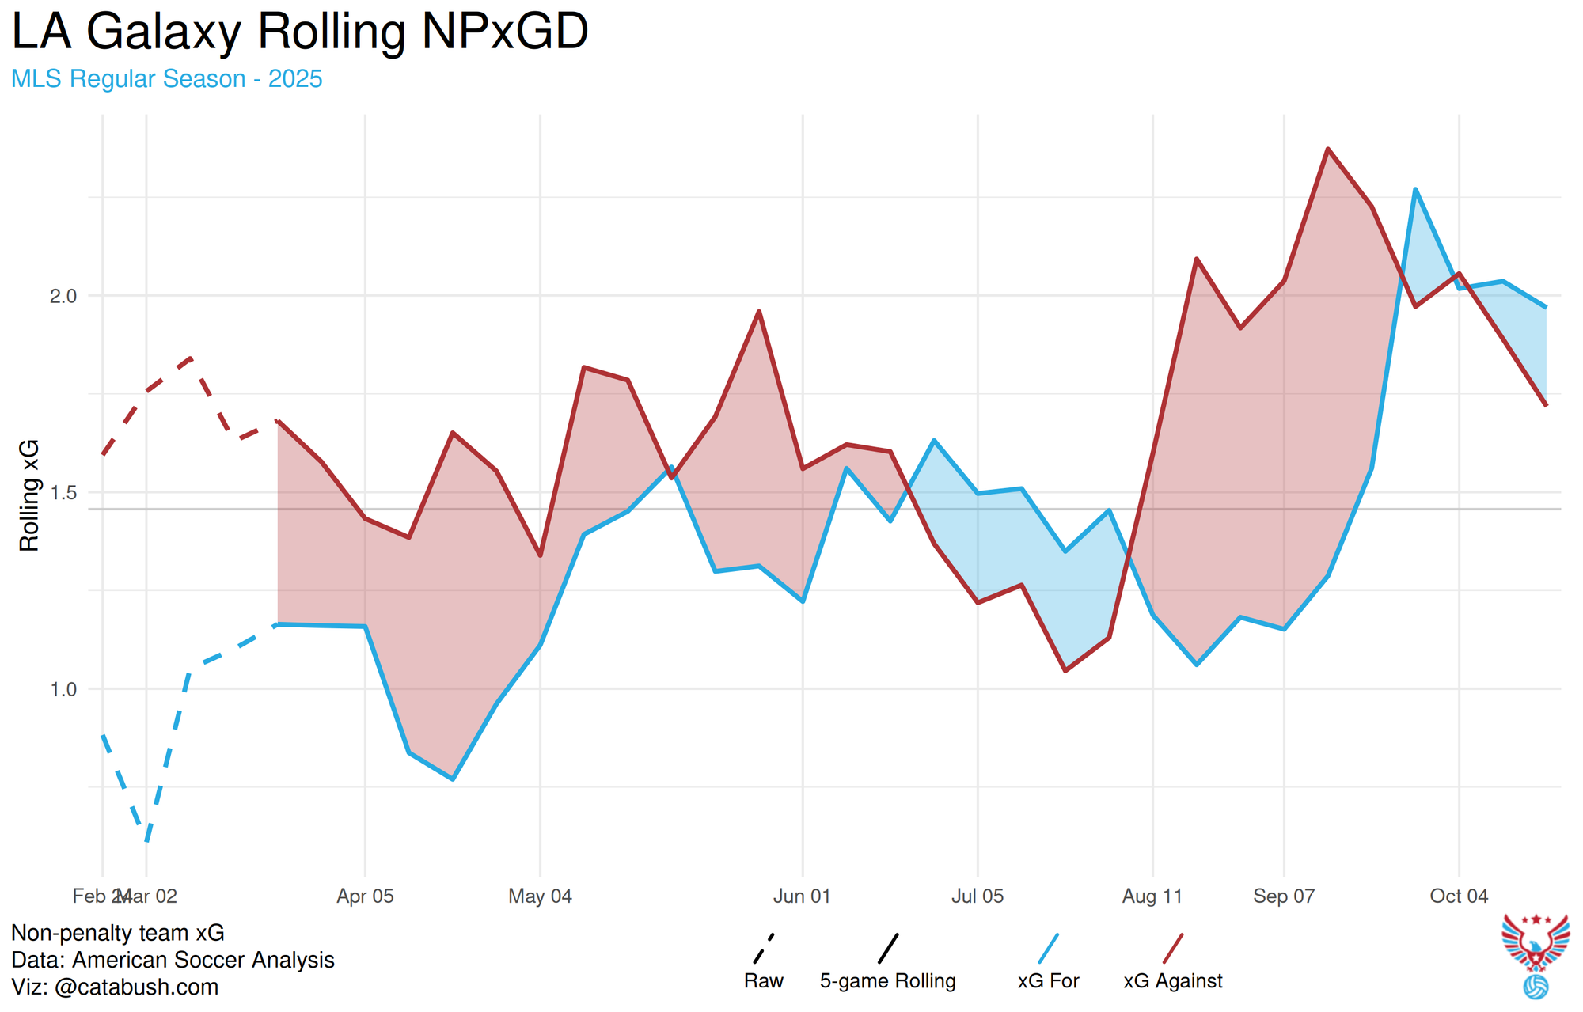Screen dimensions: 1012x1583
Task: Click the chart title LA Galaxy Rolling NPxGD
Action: click(300, 32)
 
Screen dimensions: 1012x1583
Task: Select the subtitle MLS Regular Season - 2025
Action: click(167, 79)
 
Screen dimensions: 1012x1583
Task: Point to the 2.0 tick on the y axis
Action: click(63, 296)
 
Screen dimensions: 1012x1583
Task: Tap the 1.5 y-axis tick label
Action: click(63, 493)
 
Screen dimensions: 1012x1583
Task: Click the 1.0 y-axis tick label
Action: click(63, 689)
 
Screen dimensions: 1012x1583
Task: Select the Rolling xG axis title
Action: click(29, 495)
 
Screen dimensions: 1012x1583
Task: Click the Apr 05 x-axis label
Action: click(365, 896)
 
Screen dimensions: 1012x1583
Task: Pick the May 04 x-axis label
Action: click(540, 896)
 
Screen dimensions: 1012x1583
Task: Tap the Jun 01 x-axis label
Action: click(802, 896)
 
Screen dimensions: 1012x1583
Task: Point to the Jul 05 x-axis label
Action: click(978, 896)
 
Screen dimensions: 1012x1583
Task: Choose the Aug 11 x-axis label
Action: click(1152, 896)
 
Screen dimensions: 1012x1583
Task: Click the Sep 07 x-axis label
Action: click(1284, 896)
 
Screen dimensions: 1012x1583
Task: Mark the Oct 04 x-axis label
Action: click(1459, 896)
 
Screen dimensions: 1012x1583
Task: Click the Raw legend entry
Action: click(764, 981)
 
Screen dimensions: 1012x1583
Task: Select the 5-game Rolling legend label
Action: click(888, 981)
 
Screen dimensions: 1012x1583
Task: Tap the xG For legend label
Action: click(1049, 981)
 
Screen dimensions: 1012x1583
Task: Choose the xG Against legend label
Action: click(1173, 981)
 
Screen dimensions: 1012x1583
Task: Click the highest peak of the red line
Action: click(1328, 149)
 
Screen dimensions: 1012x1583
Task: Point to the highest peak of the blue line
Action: click(1415, 189)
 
